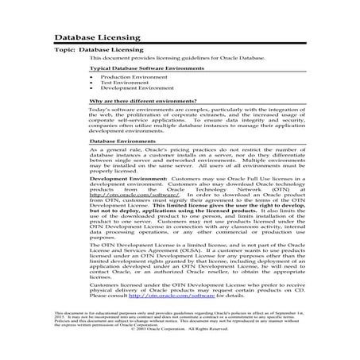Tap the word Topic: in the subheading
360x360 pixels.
click(64, 49)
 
